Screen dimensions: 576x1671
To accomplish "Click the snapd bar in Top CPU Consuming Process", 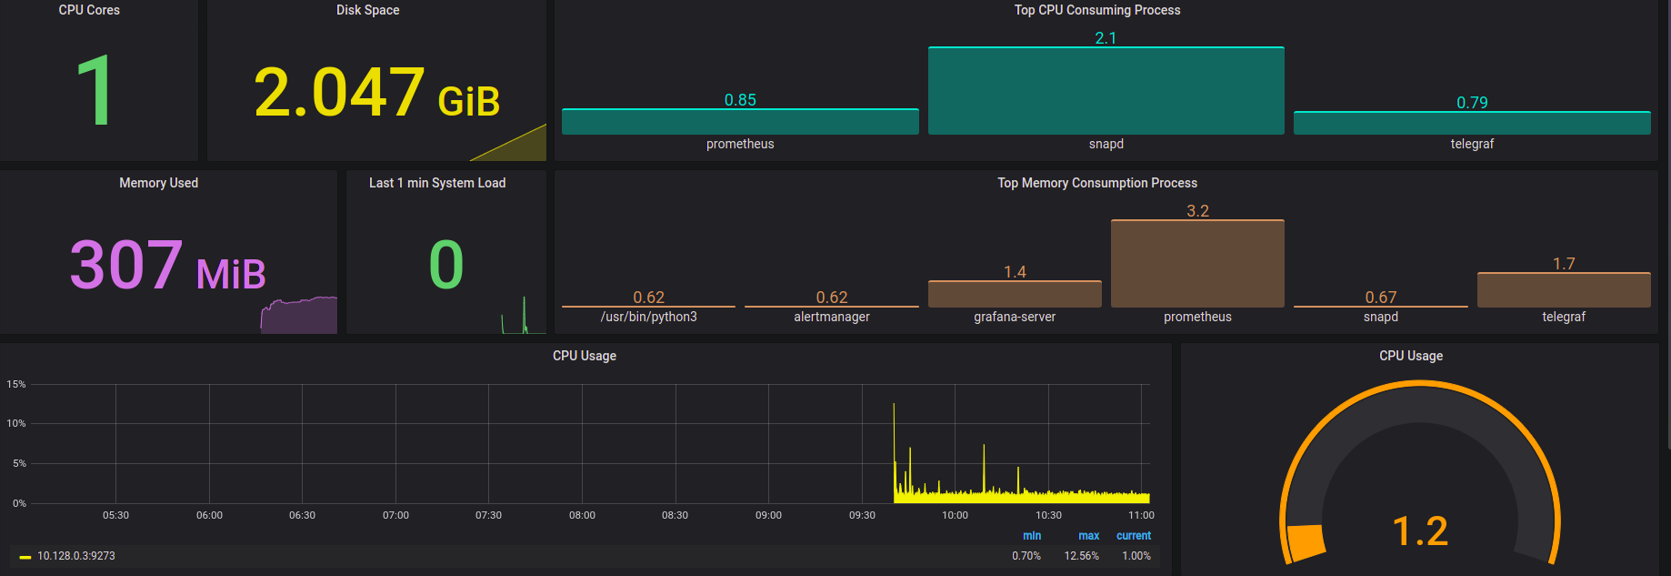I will tap(1106, 91).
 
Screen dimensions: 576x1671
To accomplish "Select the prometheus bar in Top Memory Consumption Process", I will tap(1197, 264).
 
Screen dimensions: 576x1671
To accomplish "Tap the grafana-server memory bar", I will tap(1015, 294).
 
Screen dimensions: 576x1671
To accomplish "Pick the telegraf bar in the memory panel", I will tap(1564, 290).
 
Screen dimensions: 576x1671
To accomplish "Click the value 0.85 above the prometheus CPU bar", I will tap(740, 100).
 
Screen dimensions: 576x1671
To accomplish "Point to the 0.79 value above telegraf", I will tap(1472, 103).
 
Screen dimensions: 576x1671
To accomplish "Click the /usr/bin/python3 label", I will tap(649, 317).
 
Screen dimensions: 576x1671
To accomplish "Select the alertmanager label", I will tap(832, 317).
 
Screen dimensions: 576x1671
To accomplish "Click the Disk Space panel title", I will tap(367, 10).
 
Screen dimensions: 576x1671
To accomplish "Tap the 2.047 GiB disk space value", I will tap(376, 93).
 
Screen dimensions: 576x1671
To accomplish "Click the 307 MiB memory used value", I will tap(168, 266).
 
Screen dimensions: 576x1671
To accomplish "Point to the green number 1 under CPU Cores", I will tap(94, 90).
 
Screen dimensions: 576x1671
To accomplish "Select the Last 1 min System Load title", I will tap(437, 183).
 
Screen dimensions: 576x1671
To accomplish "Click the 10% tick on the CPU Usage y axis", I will tap(16, 423).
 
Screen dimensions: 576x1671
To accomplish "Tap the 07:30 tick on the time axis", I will tap(488, 515).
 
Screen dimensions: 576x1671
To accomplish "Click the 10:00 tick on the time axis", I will tap(955, 515).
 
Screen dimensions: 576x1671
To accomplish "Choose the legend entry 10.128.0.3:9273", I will tap(76, 556).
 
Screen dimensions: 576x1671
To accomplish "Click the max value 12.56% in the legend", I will tap(1081, 556).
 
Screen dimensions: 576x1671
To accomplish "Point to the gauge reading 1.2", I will tap(1420, 531).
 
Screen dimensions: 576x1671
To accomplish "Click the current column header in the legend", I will tap(1133, 536).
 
